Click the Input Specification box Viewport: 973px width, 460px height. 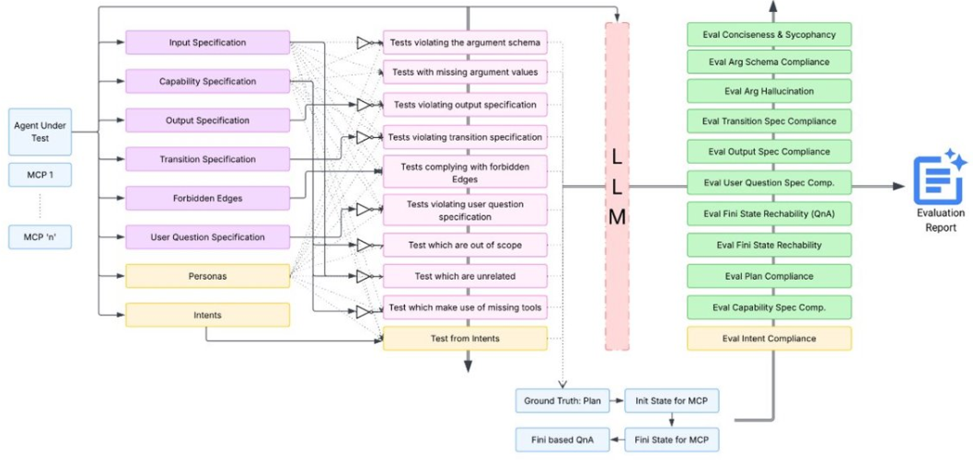pos(207,42)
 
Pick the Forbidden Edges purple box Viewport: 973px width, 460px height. pos(207,198)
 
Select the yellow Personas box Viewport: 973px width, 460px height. pos(207,276)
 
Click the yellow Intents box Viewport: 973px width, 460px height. pos(207,315)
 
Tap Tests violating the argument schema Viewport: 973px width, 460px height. pos(465,42)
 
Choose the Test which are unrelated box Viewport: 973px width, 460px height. pos(465,276)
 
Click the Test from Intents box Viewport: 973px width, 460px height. pos(465,339)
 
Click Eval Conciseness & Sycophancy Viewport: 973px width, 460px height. pos(769,35)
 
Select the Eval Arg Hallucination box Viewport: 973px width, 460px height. pos(769,91)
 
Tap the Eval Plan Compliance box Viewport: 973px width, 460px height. pos(769,276)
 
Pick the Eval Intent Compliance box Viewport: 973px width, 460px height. pos(769,339)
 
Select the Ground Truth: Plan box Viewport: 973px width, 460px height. pos(562,401)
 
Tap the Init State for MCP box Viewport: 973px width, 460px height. pos(671,401)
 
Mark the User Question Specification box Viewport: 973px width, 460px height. pos(207,237)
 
